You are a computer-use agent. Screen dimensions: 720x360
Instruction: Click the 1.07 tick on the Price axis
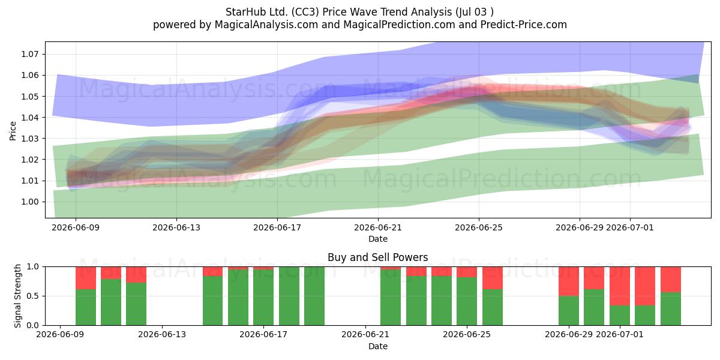[x=30, y=54]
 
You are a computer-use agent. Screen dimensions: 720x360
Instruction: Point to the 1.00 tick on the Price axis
[x=30, y=202]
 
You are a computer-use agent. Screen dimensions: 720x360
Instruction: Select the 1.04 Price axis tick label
[x=30, y=118]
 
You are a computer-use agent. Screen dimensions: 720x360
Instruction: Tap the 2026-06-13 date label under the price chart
[x=176, y=227]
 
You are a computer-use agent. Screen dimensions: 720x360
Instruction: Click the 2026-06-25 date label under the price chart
[x=479, y=227]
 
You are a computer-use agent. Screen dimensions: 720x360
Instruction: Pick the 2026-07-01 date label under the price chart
[x=629, y=227]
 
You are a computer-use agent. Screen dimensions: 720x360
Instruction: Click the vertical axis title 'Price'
[x=13, y=131]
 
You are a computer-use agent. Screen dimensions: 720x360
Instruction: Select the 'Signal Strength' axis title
[x=17, y=296]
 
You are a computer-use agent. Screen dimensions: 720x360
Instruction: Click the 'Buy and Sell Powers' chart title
[x=377, y=257]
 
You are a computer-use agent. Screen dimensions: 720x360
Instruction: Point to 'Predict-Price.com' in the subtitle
[x=524, y=25]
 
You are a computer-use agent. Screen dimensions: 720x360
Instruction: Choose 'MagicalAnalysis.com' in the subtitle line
[x=266, y=25]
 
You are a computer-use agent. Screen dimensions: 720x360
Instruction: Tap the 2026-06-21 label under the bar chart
[x=365, y=334]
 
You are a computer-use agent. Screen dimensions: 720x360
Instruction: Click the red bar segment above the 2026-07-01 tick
[x=620, y=286]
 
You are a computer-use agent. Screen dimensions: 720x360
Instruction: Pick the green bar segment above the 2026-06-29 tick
[x=569, y=311]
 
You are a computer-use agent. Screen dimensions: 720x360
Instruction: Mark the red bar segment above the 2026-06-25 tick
[x=467, y=272]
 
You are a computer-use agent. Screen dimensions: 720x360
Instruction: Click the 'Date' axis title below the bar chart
[x=377, y=346]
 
